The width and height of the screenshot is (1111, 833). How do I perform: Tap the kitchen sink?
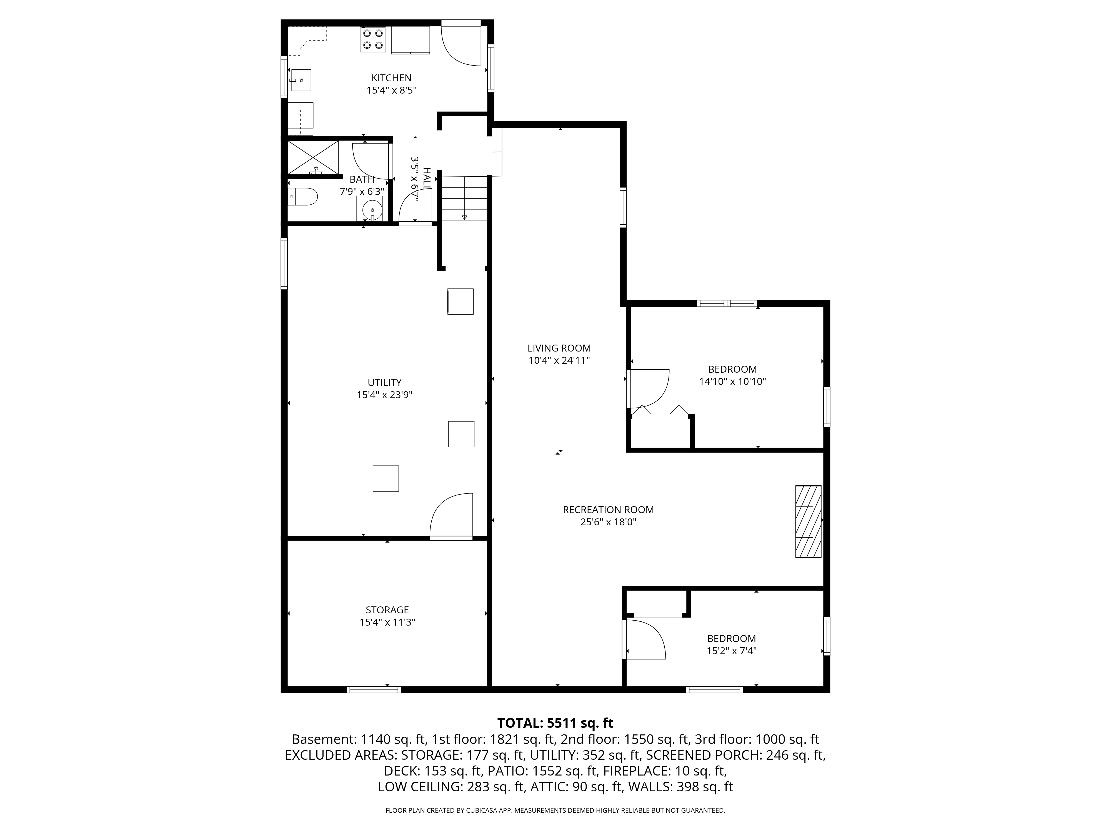[x=300, y=80]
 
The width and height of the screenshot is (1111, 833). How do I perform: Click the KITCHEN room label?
[x=391, y=78]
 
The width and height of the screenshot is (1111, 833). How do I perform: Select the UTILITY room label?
[x=385, y=383]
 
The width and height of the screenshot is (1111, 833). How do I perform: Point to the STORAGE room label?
[x=387, y=610]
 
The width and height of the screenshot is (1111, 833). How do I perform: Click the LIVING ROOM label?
[x=559, y=348]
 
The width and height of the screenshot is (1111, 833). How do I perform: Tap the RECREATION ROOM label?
[x=608, y=510]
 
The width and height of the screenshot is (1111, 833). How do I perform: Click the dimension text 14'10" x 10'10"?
[x=732, y=382]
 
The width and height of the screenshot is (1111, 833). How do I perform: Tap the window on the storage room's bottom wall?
[x=374, y=689]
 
